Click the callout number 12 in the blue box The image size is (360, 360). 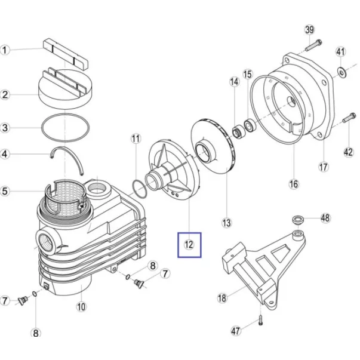(x=189, y=245)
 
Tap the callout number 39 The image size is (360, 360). (x=309, y=30)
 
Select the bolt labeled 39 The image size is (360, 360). (x=313, y=45)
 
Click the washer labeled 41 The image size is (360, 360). (x=342, y=73)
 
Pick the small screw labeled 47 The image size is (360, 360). (x=260, y=320)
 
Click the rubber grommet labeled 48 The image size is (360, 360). (x=298, y=220)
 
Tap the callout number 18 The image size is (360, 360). (x=222, y=298)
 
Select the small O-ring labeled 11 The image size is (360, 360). (x=139, y=189)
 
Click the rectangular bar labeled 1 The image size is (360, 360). (x=66, y=54)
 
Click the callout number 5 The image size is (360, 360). (x=5, y=191)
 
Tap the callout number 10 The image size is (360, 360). (x=81, y=307)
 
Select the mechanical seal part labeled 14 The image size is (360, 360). (x=238, y=131)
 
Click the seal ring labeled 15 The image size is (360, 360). (x=250, y=125)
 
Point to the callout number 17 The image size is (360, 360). (x=323, y=167)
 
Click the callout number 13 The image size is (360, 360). (x=227, y=223)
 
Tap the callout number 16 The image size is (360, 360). (x=294, y=184)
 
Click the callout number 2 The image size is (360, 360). (x=5, y=94)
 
